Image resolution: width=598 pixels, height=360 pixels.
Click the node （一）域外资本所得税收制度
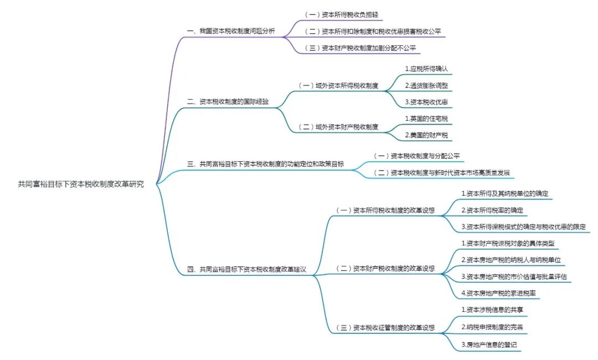338,86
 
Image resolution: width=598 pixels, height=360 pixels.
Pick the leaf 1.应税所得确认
426,69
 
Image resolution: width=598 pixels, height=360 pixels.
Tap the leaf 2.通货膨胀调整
426,85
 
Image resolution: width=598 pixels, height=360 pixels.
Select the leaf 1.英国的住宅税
426,119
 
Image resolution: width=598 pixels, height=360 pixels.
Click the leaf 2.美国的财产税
426,135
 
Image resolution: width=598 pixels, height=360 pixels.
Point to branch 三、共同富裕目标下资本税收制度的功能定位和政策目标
265,164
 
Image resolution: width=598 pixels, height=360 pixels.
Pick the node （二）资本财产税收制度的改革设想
385,269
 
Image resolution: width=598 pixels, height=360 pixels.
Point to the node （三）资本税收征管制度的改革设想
385,327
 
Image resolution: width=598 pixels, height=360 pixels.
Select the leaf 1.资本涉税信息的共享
492,310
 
